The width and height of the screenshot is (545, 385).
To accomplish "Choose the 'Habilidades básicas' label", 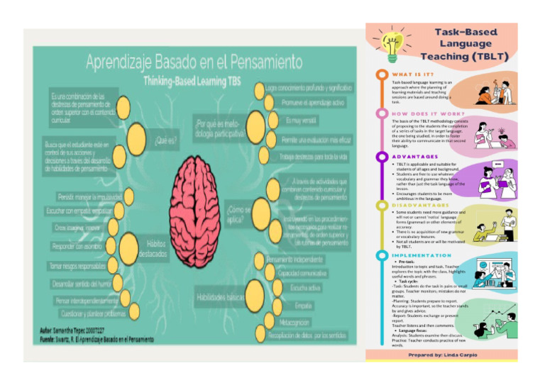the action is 221,298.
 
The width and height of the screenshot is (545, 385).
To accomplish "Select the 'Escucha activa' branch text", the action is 305,288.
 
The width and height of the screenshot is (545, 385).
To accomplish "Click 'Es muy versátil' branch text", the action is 300,121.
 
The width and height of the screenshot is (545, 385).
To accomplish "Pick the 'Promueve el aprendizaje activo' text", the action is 312,104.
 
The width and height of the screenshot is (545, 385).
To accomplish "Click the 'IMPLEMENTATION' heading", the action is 422,255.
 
